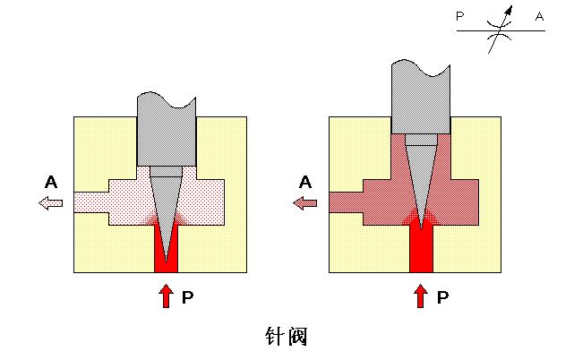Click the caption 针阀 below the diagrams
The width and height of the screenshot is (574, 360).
click(x=287, y=337)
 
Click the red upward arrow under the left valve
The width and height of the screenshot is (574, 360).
click(x=166, y=296)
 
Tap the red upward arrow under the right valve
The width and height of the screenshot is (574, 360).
click(x=421, y=296)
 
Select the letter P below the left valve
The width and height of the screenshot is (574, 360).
click(x=187, y=297)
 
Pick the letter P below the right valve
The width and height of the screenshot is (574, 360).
click(x=442, y=297)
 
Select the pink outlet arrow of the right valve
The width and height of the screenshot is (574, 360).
click(x=305, y=203)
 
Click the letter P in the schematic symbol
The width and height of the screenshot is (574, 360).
click(x=460, y=16)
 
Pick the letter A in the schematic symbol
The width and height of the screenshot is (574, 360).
click(x=538, y=16)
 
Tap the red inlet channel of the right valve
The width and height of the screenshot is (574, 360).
click(x=421, y=251)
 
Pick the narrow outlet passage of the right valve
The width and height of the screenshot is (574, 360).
click(x=346, y=202)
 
